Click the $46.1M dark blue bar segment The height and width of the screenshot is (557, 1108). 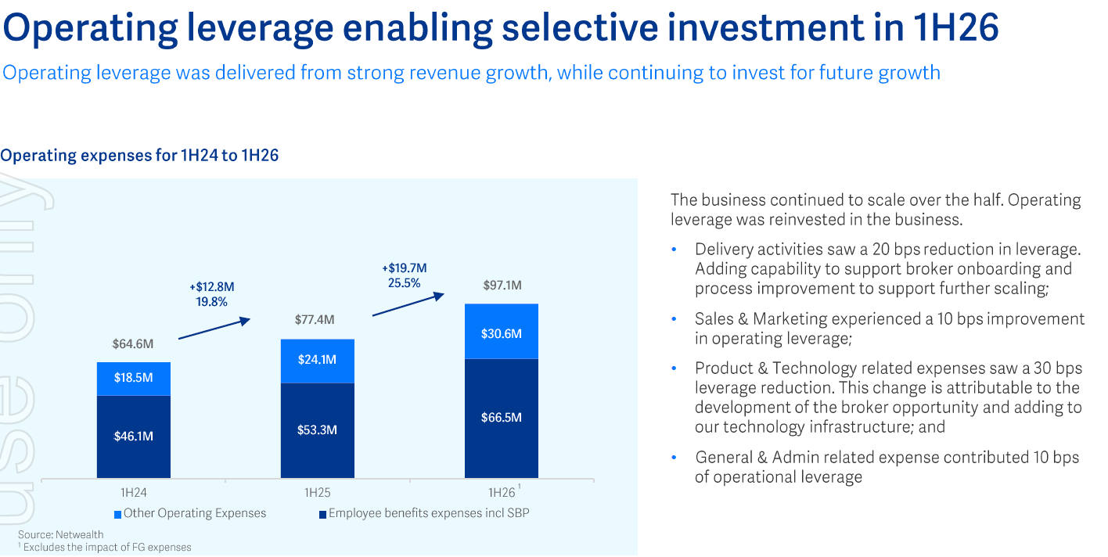[x=134, y=436]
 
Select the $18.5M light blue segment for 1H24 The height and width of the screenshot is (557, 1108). [x=134, y=379]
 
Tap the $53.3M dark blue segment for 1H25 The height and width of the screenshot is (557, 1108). [x=317, y=430]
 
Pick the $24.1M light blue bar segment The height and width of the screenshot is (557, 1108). [x=317, y=361]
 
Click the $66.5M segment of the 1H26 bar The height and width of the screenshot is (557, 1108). [x=501, y=418]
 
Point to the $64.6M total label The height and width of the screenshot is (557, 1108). [x=133, y=343]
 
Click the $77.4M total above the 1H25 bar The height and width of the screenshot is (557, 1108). [x=315, y=320]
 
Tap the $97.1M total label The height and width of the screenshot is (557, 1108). [x=502, y=286]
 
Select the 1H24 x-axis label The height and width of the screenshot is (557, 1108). [x=133, y=493]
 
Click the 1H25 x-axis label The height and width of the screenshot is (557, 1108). [x=317, y=493]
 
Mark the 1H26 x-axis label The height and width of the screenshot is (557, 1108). [x=502, y=493]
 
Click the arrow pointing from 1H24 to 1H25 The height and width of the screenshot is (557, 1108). [x=214, y=328]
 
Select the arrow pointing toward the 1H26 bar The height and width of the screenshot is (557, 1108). [x=408, y=304]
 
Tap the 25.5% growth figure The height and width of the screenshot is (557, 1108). [x=404, y=283]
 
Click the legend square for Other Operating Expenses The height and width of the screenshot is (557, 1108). [x=117, y=515]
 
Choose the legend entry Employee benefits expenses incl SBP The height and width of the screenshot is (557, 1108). [x=429, y=513]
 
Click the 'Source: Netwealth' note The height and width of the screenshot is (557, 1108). [x=61, y=535]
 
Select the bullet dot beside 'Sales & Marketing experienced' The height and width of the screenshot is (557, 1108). [x=674, y=319]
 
